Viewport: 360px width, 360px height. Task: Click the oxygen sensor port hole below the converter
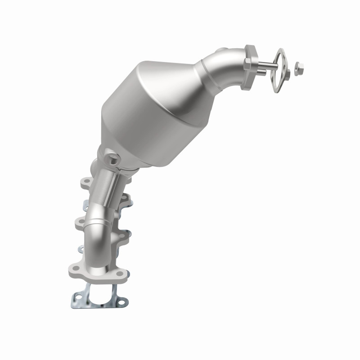pos(112,159)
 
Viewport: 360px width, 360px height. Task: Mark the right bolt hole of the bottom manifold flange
pos(119,273)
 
